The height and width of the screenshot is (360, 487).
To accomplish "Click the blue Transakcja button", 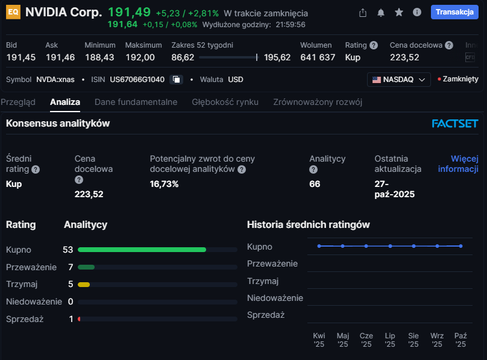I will (x=454, y=12).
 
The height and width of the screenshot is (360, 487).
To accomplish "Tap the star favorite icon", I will (x=398, y=13).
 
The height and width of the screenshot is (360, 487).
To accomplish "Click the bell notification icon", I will (x=381, y=13).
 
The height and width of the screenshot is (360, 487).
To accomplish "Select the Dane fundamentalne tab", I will (x=136, y=102).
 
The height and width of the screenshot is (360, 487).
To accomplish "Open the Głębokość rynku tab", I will (x=225, y=102).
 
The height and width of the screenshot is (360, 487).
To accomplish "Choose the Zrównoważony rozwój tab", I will (x=318, y=102).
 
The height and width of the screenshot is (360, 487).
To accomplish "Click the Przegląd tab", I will (x=18, y=102).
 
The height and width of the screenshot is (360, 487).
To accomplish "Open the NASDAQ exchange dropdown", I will (x=398, y=80).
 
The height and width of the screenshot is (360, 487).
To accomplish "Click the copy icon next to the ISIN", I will (x=176, y=80).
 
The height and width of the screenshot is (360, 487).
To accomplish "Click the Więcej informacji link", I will (x=458, y=163).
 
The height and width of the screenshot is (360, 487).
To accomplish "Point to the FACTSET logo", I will (x=454, y=124).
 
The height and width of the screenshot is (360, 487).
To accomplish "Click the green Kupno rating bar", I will (x=142, y=249).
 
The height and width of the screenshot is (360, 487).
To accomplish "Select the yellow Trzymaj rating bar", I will (x=84, y=284).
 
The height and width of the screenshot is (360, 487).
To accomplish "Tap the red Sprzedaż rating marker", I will (x=79, y=319).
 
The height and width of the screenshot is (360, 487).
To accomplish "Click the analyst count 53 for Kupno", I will (x=68, y=249).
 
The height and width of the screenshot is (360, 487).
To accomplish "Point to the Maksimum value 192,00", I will (x=140, y=57).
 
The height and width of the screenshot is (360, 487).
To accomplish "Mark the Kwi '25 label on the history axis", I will (x=319, y=339).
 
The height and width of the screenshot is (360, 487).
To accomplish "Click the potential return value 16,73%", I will (x=164, y=184).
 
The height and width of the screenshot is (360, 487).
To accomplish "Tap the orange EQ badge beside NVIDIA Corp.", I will (x=13, y=13).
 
